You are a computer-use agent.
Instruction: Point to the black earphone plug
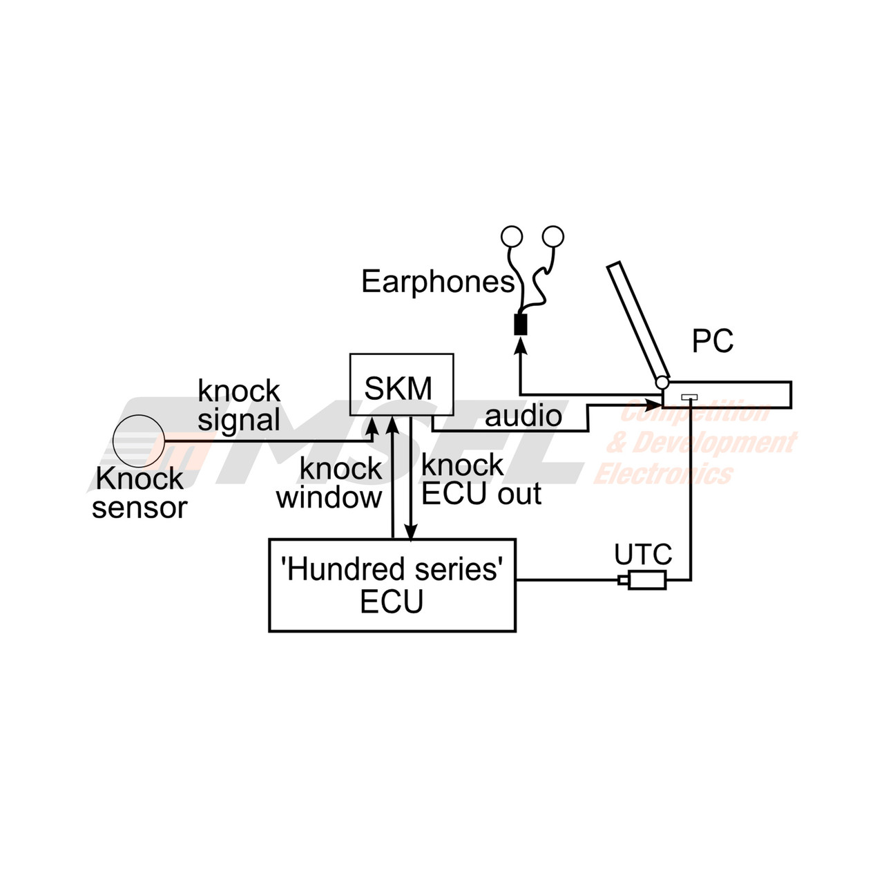[x=521, y=325]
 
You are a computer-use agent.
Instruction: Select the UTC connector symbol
[x=642, y=580]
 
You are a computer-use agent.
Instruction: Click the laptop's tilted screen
[x=638, y=320]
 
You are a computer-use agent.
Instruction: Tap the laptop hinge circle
[x=662, y=382]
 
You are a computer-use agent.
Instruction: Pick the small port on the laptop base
[x=689, y=397]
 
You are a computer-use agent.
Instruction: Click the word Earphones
[x=438, y=282]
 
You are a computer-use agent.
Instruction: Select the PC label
[x=713, y=341]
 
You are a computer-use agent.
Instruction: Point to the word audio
[x=523, y=416]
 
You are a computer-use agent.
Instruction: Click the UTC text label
[x=643, y=554]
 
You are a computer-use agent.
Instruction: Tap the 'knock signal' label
[x=239, y=405]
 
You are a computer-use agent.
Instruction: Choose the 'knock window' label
[x=329, y=483]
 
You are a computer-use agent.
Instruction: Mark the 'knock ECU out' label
[x=481, y=480]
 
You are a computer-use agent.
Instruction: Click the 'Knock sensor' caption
[x=140, y=493]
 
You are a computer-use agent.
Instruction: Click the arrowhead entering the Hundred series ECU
[x=410, y=531]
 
